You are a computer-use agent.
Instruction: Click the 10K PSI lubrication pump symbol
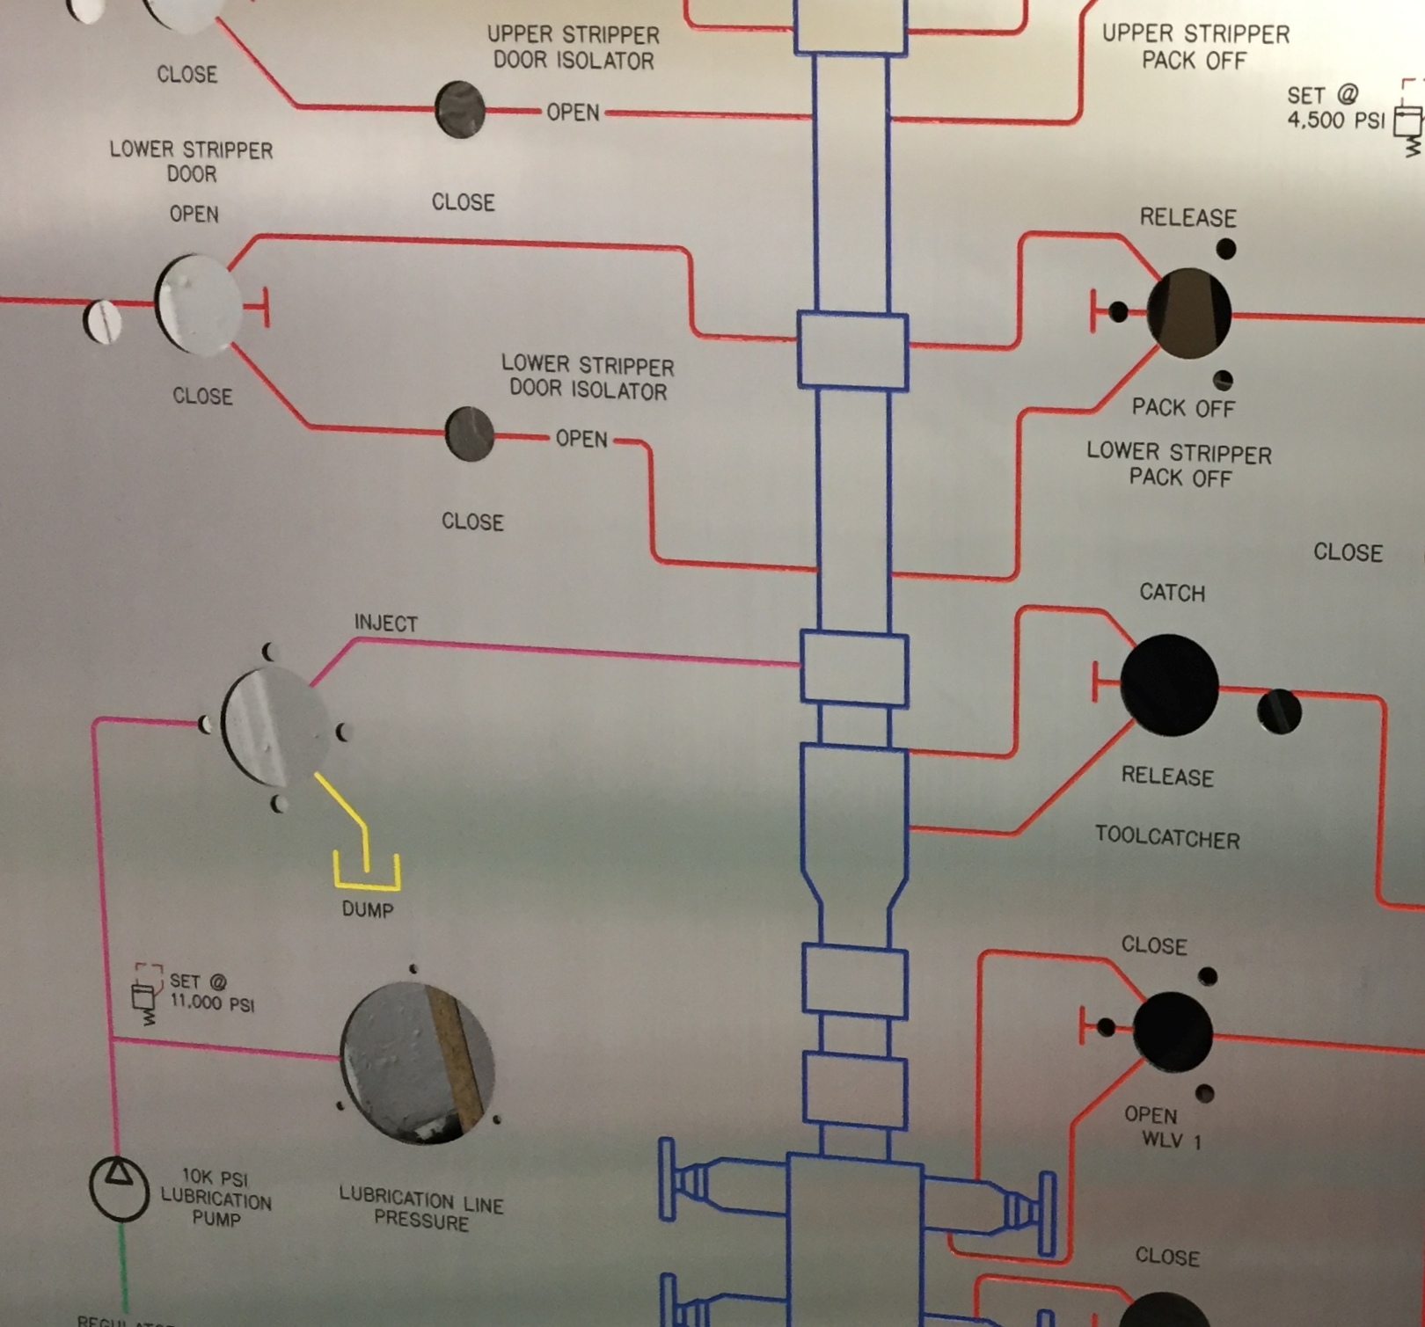119,1188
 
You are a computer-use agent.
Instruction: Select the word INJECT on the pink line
385,623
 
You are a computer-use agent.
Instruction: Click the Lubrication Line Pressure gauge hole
417,1063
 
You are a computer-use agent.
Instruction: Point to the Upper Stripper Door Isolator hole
459,110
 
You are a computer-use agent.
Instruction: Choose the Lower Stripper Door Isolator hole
470,434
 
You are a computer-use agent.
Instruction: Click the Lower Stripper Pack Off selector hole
1188,313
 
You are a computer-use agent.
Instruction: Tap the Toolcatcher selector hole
1169,685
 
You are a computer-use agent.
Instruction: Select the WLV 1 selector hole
1173,1032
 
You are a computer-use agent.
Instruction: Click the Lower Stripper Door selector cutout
198,304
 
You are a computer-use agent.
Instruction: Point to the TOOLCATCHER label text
1167,837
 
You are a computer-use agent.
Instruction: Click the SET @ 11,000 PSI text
211,992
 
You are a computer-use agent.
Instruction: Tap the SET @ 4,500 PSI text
1335,107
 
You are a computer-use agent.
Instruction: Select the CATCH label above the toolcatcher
1173,593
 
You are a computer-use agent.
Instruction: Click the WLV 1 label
1171,1141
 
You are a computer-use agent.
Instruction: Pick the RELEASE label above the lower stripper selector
1188,217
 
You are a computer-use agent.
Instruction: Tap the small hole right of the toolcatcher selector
1279,711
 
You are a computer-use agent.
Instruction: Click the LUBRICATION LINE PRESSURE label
421,1208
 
